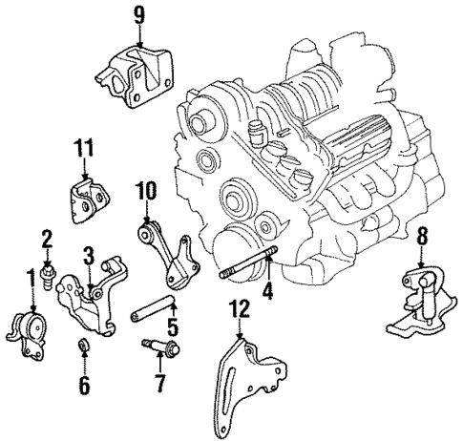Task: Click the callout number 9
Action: pos(138,14)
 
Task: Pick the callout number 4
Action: pos(268,292)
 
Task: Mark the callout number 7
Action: pos(159,384)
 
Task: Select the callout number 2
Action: pos(47,238)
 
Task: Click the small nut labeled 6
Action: pos(84,345)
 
